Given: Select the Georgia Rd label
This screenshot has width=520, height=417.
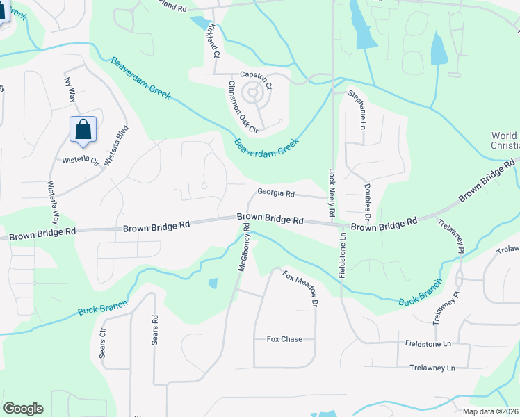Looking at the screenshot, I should pos(276,193).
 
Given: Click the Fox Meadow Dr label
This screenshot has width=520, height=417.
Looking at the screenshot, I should pos(300,289).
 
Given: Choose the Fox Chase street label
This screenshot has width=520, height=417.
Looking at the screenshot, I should pos(284,339).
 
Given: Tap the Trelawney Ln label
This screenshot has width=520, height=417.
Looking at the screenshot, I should pos(432,367).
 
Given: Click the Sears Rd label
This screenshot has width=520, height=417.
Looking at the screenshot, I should pos(155,330).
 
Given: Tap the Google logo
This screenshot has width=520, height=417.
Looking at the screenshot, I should pos(23,409).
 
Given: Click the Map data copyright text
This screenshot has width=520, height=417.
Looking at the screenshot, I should pos(490,411).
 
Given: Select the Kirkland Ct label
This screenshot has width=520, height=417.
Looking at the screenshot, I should pos(213,40).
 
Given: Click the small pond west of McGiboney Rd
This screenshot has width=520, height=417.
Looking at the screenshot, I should pos(212,284).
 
